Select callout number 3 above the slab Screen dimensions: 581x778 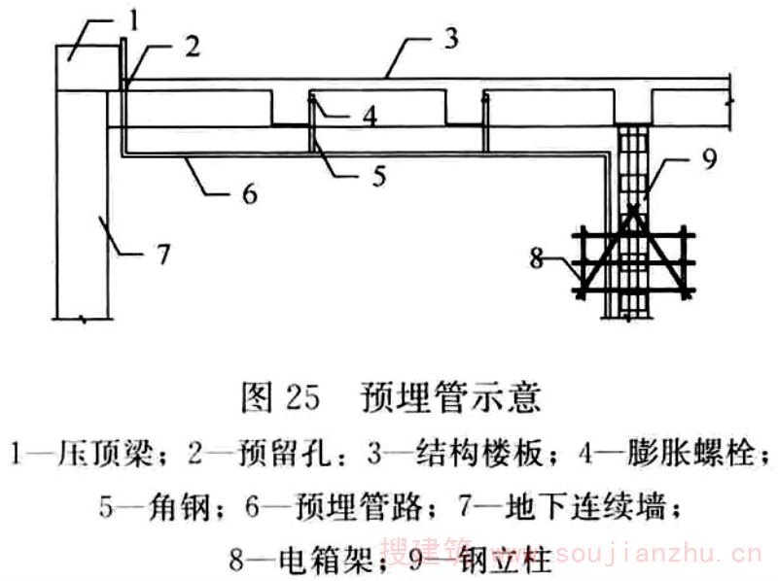pos(449,39)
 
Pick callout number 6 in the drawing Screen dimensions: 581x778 pos(250,194)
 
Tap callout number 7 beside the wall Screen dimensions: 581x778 pos(162,256)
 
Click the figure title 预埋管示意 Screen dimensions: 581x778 pos(449,398)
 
